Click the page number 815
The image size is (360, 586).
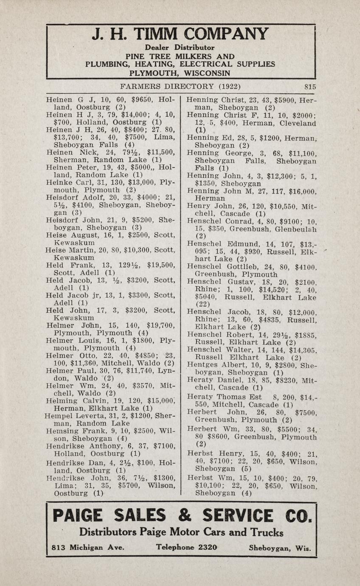310,87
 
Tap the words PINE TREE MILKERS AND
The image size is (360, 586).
180,56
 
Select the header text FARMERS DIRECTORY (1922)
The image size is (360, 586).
180,87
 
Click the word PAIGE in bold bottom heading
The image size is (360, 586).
78,516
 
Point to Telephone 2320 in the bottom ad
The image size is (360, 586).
186,547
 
